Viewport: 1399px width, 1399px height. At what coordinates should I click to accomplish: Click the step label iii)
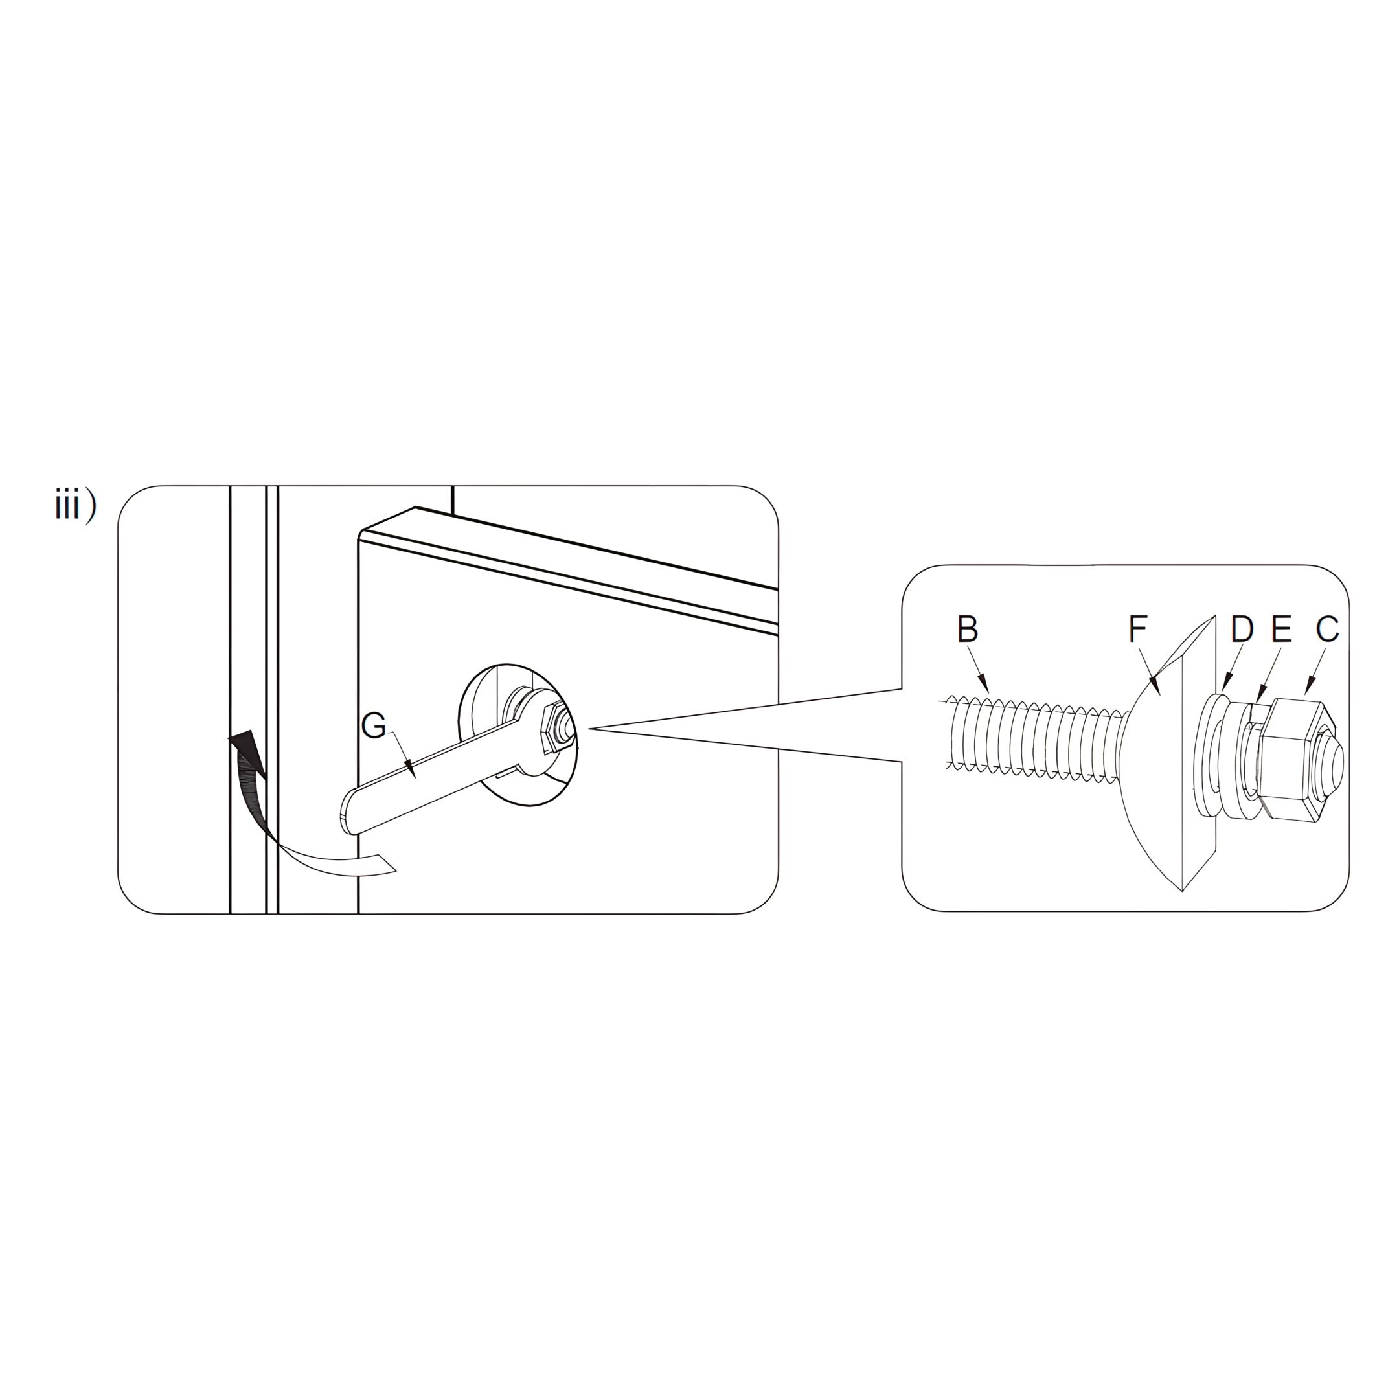click(x=75, y=505)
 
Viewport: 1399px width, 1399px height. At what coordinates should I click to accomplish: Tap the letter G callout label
click(x=374, y=725)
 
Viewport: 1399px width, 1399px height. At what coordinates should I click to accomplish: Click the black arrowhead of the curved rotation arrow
click(x=246, y=753)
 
